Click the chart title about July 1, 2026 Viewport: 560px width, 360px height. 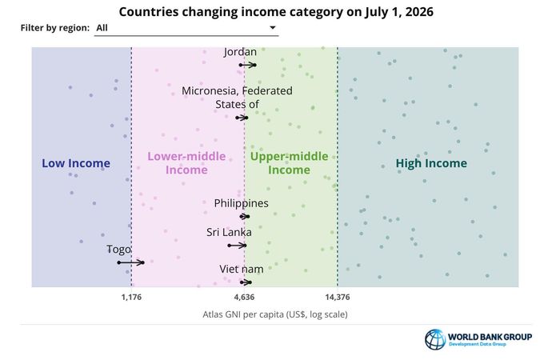coord(276,12)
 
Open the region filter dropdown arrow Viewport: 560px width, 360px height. coord(273,27)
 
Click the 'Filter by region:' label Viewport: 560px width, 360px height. coord(55,28)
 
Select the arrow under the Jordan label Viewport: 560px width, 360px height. coord(248,65)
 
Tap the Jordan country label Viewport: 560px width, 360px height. coord(240,52)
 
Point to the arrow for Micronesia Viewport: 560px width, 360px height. coord(242,118)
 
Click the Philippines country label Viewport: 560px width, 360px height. coord(241,203)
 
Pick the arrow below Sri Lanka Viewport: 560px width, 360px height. coord(237,246)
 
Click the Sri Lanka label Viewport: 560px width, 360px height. coord(229,232)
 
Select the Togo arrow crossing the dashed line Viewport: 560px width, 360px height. coord(131,262)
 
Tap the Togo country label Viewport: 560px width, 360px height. coord(118,250)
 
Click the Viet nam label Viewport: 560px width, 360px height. coord(242,269)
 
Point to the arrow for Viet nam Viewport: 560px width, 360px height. coord(246,282)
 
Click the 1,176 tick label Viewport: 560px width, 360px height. coord(131,297)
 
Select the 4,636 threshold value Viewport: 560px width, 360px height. coord(244,297)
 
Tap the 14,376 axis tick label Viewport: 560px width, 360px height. coord(338,297)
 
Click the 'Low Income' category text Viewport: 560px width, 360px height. coord(76,163)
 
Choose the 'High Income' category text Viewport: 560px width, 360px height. coord(431,163)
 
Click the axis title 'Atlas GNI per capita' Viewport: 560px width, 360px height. coord(275,314)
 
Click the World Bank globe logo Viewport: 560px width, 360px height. coord(435,339)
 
